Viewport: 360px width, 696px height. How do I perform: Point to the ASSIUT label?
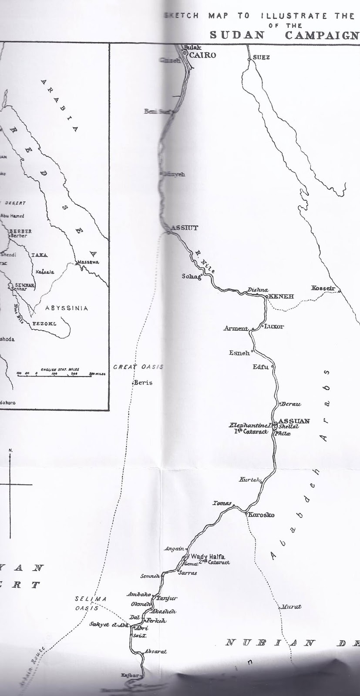[x=185, y=228]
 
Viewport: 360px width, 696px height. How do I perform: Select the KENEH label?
[x=282, y=297]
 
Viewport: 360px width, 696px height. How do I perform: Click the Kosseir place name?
[x=323, y=288]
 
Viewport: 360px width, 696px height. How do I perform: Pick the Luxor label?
[x=274, y=326]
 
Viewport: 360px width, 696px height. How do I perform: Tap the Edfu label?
[x=260, y=367]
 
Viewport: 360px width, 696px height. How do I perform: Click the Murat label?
[x=291, y=606]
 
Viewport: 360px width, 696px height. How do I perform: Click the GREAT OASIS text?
[x=138, y=367]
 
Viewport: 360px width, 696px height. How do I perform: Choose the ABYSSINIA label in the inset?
[x=67, y=308]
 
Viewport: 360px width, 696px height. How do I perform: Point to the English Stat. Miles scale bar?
[x=61, y=374]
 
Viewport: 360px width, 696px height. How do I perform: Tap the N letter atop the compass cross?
[x=10, y=450]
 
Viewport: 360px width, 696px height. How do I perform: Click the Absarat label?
[x=157, y=652]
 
